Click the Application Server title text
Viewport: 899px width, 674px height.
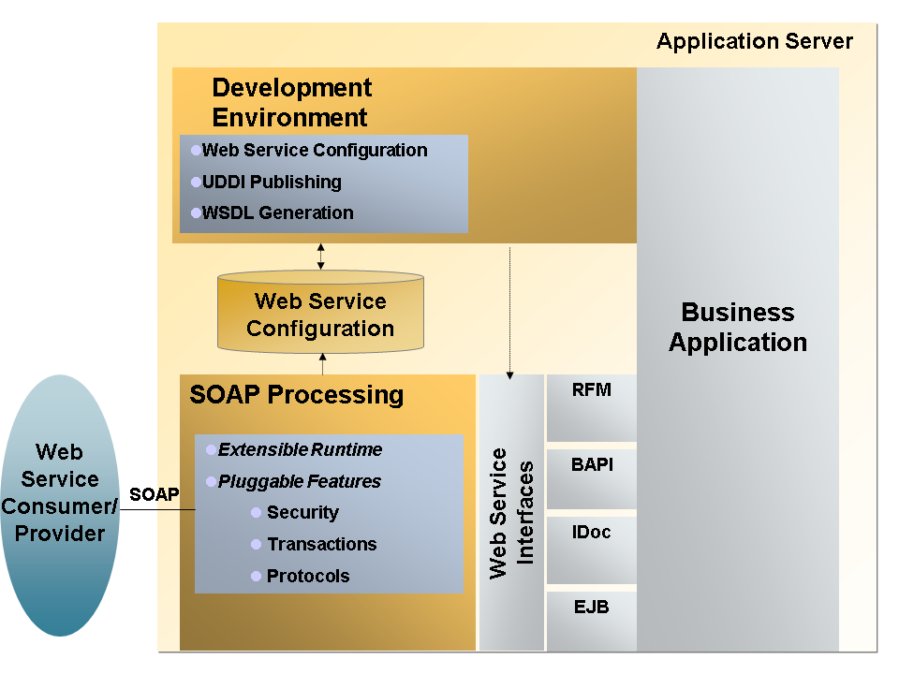coord(754,41)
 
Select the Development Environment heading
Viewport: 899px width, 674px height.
coord(291,103)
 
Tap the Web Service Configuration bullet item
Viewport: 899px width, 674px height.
coord(315,150)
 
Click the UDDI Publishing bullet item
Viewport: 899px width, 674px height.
coord(272,182)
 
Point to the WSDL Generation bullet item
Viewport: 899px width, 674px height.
coord(277,212)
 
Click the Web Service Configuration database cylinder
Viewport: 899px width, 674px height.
coord(320,315)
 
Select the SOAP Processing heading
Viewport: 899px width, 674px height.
coord(296,394)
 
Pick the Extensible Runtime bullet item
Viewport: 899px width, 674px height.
coord(300,449)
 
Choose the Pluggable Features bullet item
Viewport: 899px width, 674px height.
coord(299,481)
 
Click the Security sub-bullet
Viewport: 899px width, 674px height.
coord(302,512)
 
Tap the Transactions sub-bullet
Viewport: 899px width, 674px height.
coord(321,544)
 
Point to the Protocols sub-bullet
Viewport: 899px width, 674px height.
coord(308,576)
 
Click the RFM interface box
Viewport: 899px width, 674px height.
coord(591,407)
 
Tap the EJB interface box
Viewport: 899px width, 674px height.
coord(591,620)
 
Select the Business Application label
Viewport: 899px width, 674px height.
coord(737,327)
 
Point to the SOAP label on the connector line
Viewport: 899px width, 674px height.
coord(154,494)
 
